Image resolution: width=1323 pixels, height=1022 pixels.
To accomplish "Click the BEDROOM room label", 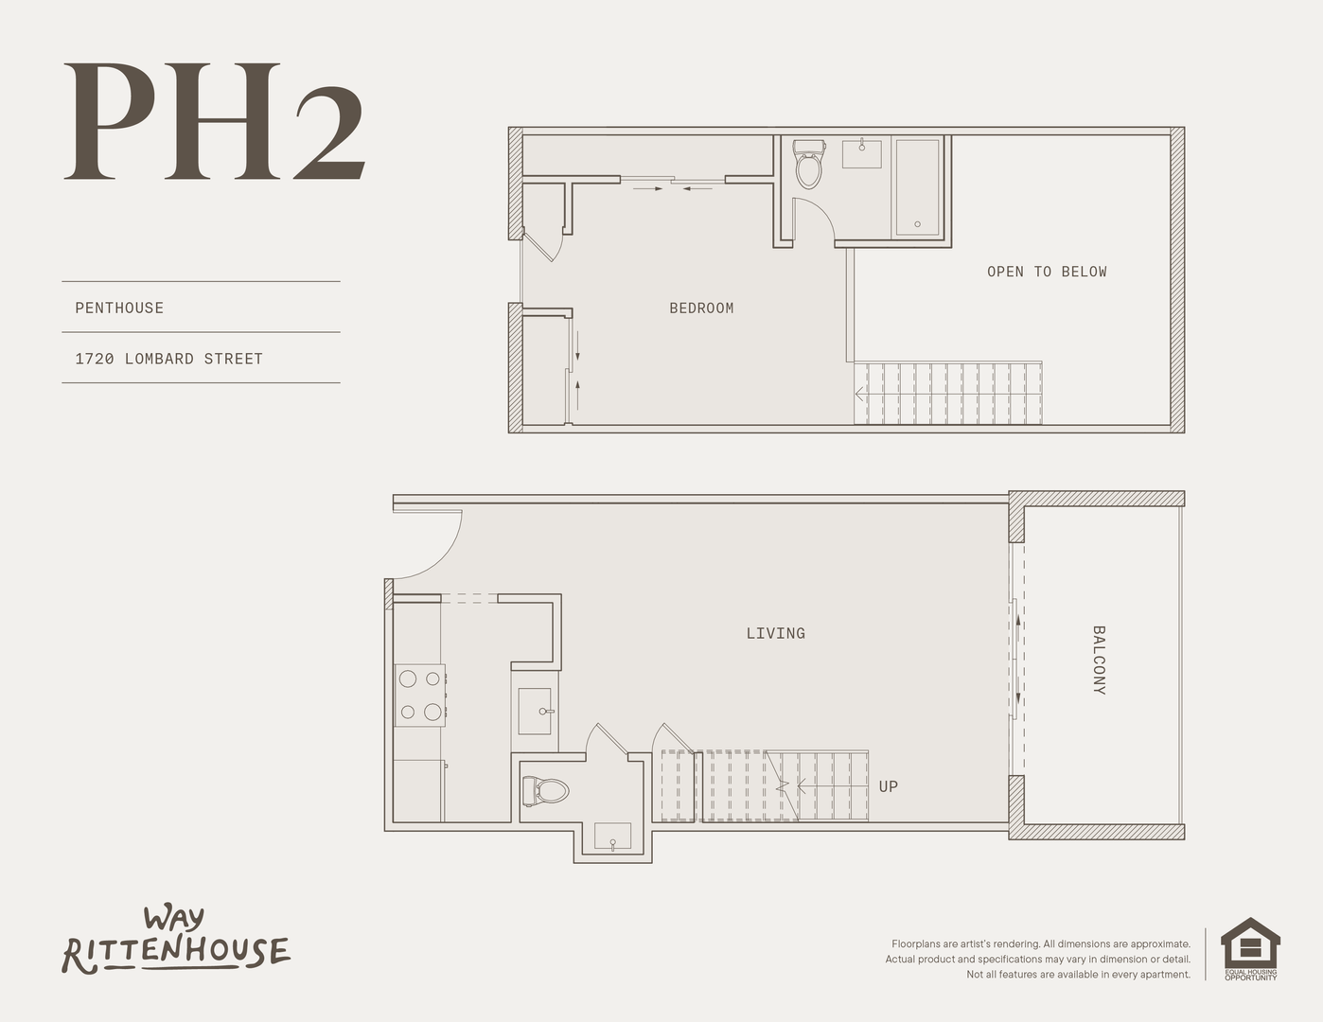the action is click(701, 308).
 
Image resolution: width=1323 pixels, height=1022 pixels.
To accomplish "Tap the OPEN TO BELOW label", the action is click(1047, 272).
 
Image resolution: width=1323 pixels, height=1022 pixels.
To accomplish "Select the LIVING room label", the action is click(776, 634).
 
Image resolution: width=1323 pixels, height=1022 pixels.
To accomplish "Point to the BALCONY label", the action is click(1099, 660).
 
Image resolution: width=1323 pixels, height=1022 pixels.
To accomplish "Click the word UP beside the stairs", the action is click(889, 786).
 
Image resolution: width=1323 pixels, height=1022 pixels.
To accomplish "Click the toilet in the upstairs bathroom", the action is click(809, 164).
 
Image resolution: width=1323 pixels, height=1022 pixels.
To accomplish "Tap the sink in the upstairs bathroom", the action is click(861, 152).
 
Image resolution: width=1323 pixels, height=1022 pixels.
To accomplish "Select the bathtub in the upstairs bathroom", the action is click(918, 187).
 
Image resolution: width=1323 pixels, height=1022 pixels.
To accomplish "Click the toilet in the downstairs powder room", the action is click(545, 791).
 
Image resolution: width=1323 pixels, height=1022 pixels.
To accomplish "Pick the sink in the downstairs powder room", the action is click(613, 837).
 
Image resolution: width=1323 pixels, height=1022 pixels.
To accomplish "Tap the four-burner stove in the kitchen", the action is click(420, 696).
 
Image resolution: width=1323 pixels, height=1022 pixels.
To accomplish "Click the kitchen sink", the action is click(536, 711).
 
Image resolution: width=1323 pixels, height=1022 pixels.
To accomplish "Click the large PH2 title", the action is click(214, 121).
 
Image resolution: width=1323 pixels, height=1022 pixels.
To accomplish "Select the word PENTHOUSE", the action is click(119, 308).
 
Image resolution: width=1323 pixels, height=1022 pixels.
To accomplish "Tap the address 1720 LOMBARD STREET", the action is click(169, 359).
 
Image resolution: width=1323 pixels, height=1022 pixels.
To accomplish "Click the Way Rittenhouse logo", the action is click(176, 941).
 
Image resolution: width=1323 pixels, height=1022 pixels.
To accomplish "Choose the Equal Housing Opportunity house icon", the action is click(1250, 949).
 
